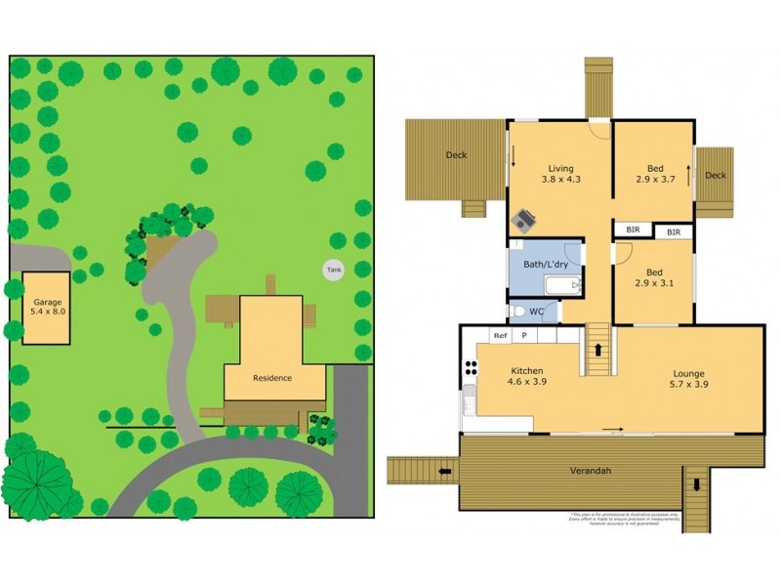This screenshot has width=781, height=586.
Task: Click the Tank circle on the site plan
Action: [x=334, y=270]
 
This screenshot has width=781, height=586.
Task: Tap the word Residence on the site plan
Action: [x=272, y=378]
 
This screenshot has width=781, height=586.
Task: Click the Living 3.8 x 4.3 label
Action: [x=560, y=173]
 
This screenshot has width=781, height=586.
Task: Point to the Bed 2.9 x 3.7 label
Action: [x=655, y=173]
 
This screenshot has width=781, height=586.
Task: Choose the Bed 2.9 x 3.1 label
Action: [x=655, y=277]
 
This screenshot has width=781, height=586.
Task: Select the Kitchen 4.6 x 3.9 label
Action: [x=527, y=377]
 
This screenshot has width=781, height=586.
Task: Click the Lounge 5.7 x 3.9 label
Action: [x=688, y=379]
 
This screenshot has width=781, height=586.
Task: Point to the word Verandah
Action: [x=590, y=472]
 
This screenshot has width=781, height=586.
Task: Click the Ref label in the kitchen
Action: [x=500, y=335]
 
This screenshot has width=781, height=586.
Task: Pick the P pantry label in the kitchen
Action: [x=524, y=335]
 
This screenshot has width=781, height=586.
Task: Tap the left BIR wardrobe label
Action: [x=634, y=230]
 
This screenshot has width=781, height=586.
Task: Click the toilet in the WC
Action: [x=518, y=312]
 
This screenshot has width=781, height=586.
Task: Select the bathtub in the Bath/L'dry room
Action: [x=560, y=286]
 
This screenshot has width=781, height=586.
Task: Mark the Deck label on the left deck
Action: [x=456, y=155]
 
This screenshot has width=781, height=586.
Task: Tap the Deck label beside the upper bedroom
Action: [x=716, y=176]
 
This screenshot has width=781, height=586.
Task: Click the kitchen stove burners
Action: [x=472, y=368]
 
